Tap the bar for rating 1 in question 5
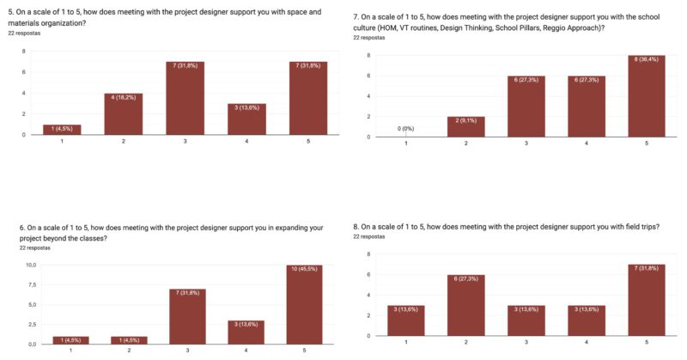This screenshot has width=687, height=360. coord(61,130)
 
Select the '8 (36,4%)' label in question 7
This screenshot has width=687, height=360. coord(646,60)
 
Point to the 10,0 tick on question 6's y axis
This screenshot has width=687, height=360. coord(30,265)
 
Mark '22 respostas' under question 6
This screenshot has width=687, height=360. coord(34,247)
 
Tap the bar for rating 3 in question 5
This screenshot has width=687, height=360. coord(185,98)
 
